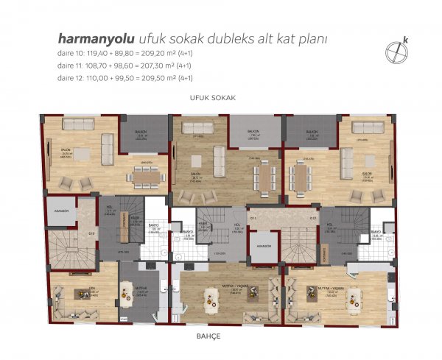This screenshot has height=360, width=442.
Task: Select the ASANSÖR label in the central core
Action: click(263, 246)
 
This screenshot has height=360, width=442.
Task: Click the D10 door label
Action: click(91, 234)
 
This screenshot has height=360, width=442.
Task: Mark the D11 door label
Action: click(252, 218)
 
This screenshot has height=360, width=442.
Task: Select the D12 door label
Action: click(313, 218)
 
